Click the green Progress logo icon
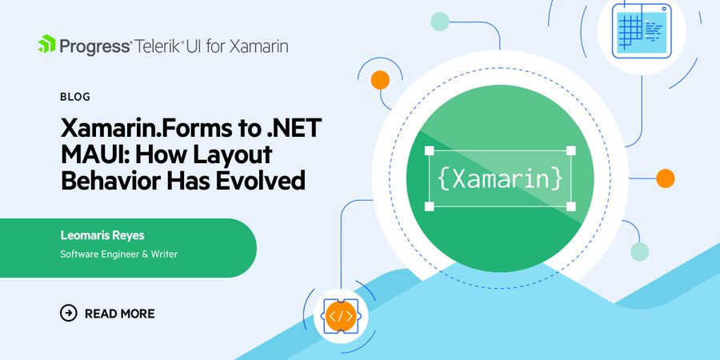point(46,44)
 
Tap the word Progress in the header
point(95,46)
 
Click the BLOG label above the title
point(75,97)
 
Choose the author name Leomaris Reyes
point(102,235)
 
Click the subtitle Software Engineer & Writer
point(119,254)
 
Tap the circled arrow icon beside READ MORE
point(69,313)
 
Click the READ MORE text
point(120,314)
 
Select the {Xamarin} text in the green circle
point(500,179)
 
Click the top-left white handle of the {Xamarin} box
point(429,150)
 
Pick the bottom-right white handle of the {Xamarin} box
point(570,206)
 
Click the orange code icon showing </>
point(341,316)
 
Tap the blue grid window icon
point(642,30)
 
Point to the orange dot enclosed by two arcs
point(380,80)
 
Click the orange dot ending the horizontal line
point(665,178)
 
